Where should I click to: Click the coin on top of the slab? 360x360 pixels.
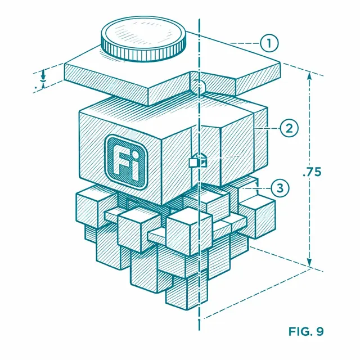point(143,39)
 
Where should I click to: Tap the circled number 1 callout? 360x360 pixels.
point(269,43)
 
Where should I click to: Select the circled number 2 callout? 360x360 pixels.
point(289,128)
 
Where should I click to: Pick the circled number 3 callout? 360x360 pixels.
point(280,188)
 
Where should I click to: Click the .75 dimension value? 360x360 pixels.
point(312,172)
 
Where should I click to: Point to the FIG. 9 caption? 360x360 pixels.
point(306,331)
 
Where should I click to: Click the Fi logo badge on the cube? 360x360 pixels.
point(126,161)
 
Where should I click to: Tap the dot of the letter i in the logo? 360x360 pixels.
point(136,155)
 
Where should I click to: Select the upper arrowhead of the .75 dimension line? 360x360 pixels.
point(309,76)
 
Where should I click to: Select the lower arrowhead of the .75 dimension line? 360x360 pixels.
point(309,262)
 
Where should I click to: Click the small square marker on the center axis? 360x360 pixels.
point(198,161)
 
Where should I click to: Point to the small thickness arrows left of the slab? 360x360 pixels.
point(43,79)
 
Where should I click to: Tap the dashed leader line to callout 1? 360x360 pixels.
point(245,43)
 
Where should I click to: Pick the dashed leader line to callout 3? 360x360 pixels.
point(256,189)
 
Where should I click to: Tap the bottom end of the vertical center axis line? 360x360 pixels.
point(199,330)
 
